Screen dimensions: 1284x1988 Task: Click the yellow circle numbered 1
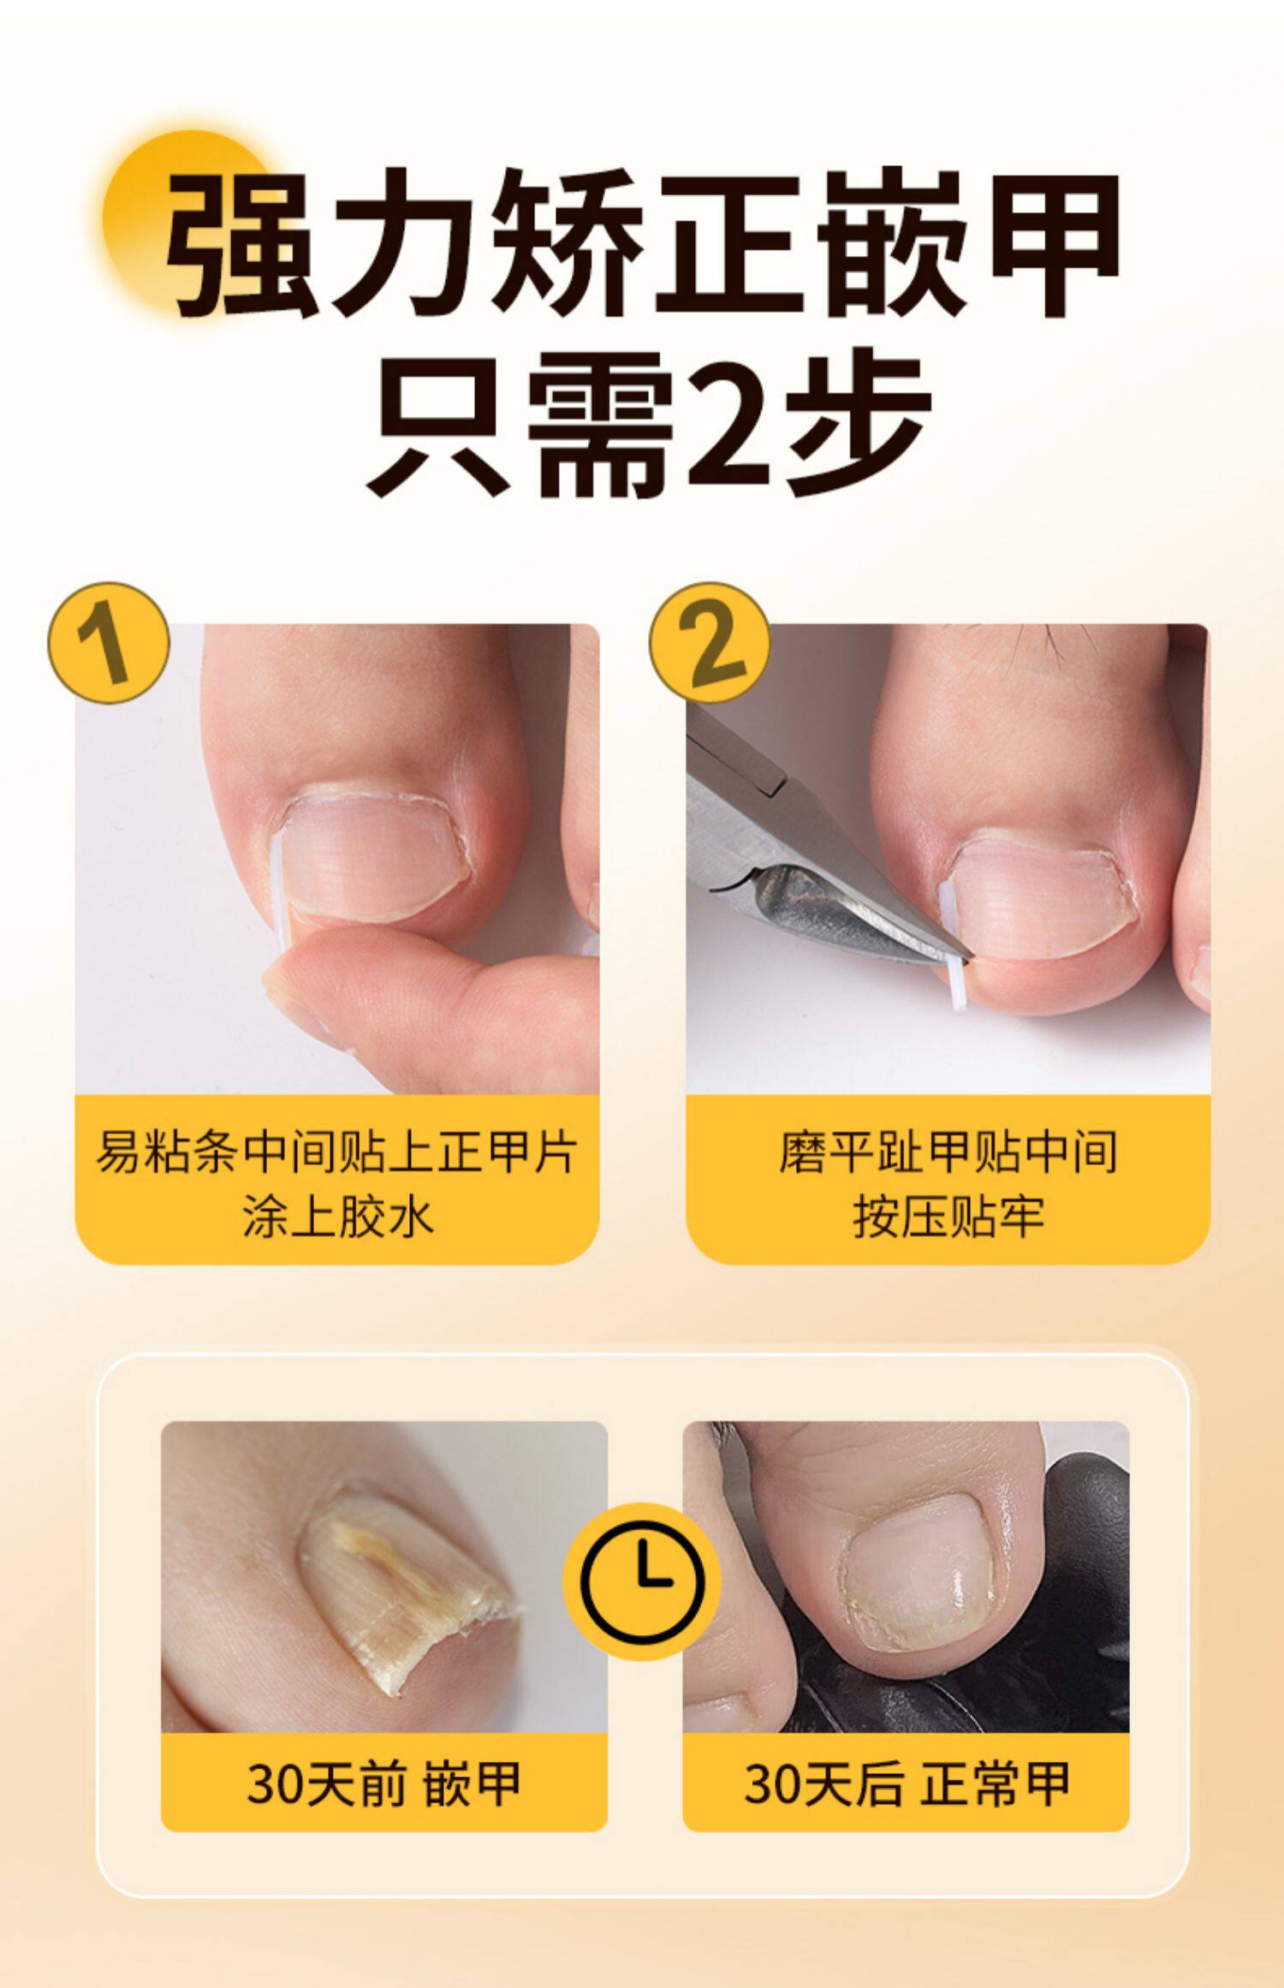pos(109,642)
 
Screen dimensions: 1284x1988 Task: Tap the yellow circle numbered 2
pos(710,642)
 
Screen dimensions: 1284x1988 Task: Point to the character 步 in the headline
pos(862,422)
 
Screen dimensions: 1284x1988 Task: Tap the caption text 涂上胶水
pos(337,1217)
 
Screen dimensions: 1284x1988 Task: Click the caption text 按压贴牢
pos(948,1217)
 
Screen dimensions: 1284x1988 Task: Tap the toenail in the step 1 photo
pos(377,856)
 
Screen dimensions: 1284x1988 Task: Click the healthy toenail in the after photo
pos(920,1577)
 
